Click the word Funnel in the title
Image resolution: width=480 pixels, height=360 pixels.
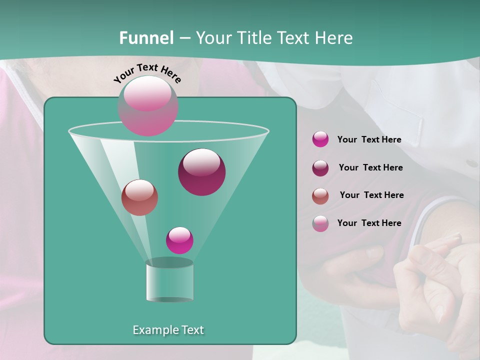pos(146,38)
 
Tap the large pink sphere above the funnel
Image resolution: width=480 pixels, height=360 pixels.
pos(148,105)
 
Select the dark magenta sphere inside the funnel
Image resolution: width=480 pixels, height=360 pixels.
pos(201,172)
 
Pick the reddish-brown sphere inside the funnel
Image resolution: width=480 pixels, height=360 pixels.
pos(139,197)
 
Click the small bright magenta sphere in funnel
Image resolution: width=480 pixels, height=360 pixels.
pos(179,240)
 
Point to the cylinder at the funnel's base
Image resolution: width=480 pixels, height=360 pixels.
pos(169,281)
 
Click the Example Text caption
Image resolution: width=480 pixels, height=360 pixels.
pos(168,330)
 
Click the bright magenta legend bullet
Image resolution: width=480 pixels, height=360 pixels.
pos(320,139)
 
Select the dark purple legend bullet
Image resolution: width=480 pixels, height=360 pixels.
pos(320,168)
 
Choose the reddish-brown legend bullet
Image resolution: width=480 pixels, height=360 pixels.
pos(320,196)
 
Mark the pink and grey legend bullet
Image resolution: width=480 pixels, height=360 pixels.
pos(320,223)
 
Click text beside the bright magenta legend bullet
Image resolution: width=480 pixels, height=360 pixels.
pos(369,140)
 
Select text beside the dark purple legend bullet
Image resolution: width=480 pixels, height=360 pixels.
pos(370,168)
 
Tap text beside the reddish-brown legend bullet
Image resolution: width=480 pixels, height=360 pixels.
pos(371,195)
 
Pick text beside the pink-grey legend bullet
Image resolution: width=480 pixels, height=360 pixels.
pos(369,223)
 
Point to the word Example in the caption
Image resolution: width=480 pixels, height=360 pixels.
pos(152,330)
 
